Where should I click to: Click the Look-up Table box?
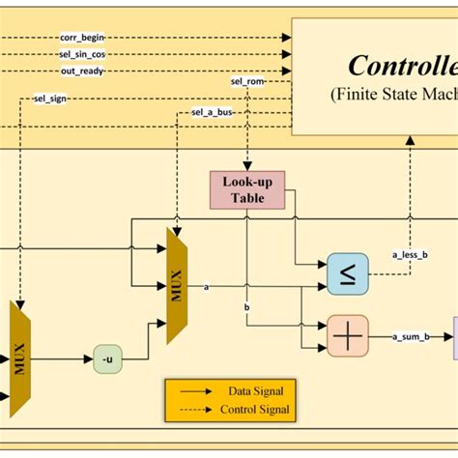pos(246,189)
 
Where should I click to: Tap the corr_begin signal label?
pos(82,37)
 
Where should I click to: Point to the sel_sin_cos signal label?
pos(82,54)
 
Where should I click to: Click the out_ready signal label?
pos(82,71)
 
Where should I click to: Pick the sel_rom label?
pos(246,81)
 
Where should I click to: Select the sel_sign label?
pos(50,98)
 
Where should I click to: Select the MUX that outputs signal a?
pos(177,286)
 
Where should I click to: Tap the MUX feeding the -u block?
pos(20,359)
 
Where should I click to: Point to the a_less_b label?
pos(409,255)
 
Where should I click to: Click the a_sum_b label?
pos(412,336)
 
